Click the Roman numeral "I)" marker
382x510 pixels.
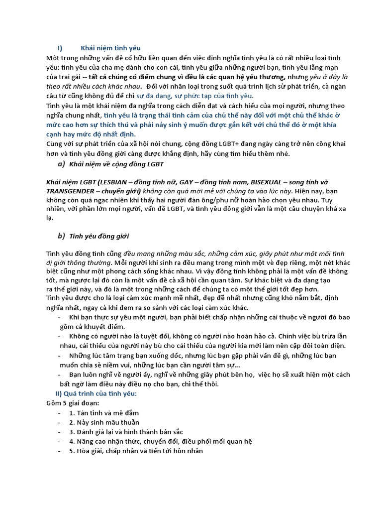[60, 48]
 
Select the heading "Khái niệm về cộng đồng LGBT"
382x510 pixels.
[116, 164]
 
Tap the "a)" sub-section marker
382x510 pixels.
[61, 164]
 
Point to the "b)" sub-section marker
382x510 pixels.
[61, 236]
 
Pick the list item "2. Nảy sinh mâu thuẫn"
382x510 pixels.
[104, 422]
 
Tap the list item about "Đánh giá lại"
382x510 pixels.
[126, 432]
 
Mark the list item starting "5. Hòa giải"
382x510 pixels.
[136, 451]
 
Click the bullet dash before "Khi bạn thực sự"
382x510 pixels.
[60, 317]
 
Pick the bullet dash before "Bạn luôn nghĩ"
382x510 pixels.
[60, 375]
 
